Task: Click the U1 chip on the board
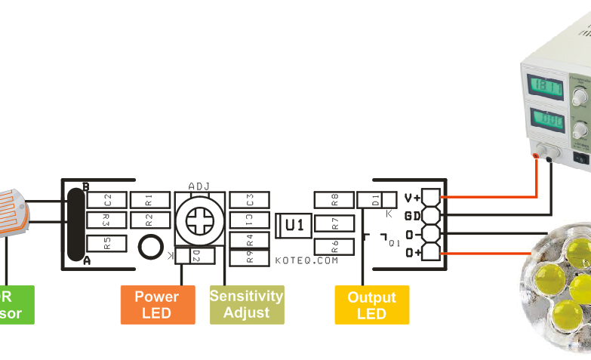294,225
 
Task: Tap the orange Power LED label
157,304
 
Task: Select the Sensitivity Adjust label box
247,304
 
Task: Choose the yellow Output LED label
371,304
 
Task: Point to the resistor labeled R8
334,200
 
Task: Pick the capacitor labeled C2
107,200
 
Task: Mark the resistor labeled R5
107,243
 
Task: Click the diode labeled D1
377,200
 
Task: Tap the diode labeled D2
195,256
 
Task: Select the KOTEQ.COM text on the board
306,260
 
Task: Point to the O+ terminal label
413,252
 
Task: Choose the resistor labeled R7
334,223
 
